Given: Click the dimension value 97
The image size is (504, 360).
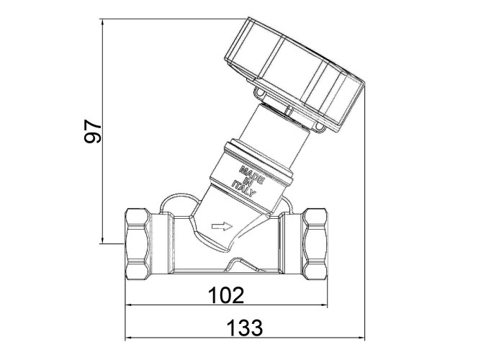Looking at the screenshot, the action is point(93,131).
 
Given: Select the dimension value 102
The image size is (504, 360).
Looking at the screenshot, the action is point(226,295).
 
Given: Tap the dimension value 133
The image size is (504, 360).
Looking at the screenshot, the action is point(245,328).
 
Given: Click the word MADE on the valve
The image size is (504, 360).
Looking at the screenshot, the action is point(252,174).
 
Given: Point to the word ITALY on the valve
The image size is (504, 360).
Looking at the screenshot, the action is point(243,189).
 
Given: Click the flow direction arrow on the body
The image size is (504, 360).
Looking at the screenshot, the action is point(222,226).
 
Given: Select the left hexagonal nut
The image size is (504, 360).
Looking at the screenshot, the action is point(138,244).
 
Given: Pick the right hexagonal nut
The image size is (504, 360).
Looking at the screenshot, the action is point(315,244).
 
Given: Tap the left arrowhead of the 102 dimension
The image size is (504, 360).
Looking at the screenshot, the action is point(129,305).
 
